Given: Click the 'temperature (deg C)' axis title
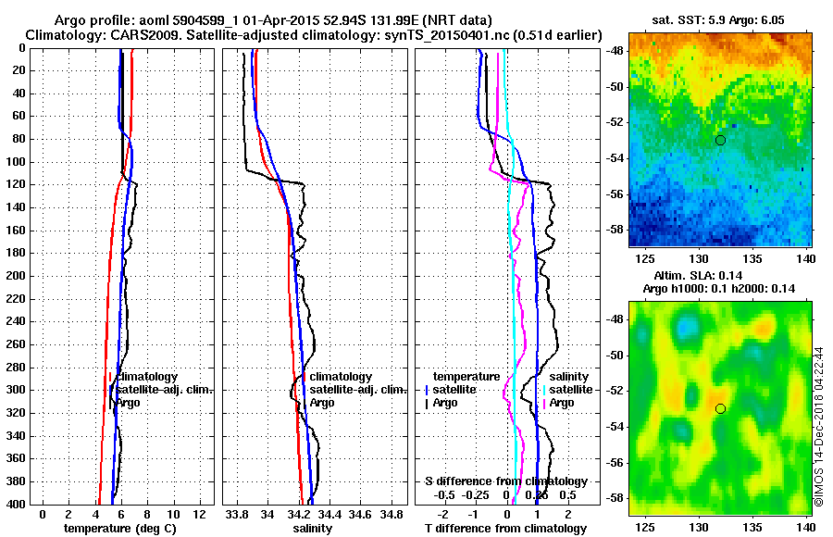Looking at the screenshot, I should pyautogui.click(x=119, y=529).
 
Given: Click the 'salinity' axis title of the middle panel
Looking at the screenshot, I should pyautogui.click(x=313, y=529).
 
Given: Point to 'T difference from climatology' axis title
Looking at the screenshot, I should pyautogui.click(x=505, y=529).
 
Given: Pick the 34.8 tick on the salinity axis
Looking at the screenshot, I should pyautogui.click(x=392, y=514).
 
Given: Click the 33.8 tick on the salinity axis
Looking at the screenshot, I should pyautogui.click(x=237, y=514).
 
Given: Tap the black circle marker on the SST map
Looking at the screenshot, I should pyautogui.click(x=720, y=140).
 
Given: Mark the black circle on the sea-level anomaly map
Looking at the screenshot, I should pyautogui.click(x=720, y=408).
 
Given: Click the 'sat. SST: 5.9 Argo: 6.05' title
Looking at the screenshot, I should pyautogui.click(x=718, y=19).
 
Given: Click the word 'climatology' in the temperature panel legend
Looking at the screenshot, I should pyautogui.click(x=147, y=378).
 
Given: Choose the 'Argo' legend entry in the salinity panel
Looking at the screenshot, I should pyautogui.click(x=323, y=403).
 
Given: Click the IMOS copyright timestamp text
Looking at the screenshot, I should pyautogui.click(x=819, y=426).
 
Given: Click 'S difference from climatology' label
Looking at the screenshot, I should pyautogui.click(x=506, y=481).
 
